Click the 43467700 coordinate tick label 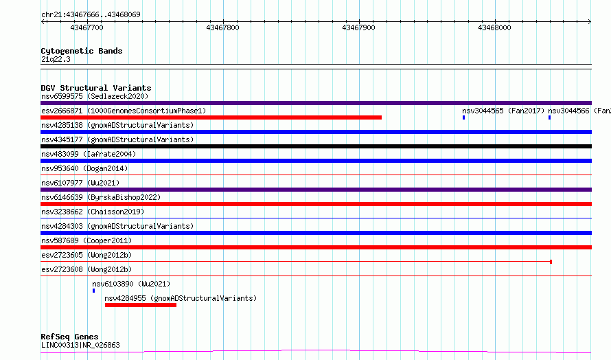(x=87, y=27)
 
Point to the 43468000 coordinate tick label (x=494, y=27)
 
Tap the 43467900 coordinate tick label (x=358, y=27)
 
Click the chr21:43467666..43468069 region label (x=91, y=15)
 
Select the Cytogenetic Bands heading (x=82, y=51)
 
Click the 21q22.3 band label (x=56, y=59)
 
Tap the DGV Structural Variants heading (x=96, y=88)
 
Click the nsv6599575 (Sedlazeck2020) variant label (x=95, y=96)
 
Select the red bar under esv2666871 (x=211, y=117)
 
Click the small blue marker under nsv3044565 (x=463, y=117)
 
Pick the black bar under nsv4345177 (x=316, y=146)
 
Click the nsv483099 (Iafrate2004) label (x=89, y=154)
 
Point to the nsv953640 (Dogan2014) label (x=84, y=168)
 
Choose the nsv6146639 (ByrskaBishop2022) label (x=101, y=197)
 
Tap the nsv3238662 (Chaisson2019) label (x=93, y=212)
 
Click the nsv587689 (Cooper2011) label (x=87, y=240)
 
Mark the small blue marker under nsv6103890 (x=93, y=291)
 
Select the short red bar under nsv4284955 (x=141, y=305)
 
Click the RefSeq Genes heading (x=69, y=337)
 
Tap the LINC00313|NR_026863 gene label (x=80, y=345)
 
